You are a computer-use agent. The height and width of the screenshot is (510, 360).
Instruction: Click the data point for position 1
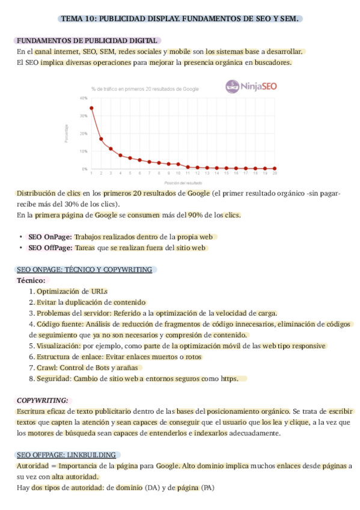(91, 108)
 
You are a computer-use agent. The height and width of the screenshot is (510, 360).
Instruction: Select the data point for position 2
(101, 139)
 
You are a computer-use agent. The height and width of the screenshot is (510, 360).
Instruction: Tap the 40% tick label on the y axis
(83, 97)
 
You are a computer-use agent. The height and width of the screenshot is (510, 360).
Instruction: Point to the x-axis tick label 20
(275, 173)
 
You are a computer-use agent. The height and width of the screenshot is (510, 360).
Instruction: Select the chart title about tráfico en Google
(145, 89)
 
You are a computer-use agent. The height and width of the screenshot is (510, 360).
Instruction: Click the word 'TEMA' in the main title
(74, 19)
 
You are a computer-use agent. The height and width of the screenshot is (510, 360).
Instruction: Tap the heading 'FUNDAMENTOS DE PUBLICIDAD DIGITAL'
(87, 40)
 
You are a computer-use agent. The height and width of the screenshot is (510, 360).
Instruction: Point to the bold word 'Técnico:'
(31, 280)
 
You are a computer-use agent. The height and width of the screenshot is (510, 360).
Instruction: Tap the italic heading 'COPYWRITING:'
(43, 400)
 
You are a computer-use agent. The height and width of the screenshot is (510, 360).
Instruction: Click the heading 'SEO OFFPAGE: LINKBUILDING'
(67, 455)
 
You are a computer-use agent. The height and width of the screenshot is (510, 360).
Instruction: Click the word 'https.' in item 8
(230, 378)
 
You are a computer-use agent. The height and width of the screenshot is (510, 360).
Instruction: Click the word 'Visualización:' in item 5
(59, 346)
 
